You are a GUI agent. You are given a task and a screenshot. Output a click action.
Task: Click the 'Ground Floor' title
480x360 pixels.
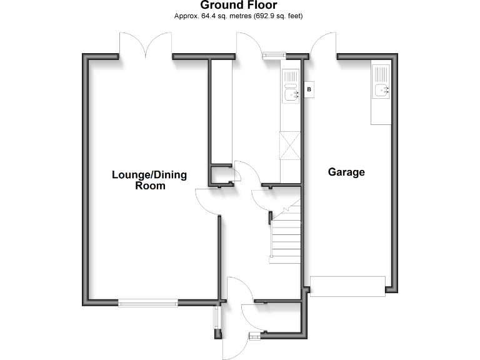(239, 6)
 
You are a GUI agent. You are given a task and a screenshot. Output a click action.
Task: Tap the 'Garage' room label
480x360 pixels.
(346, 172)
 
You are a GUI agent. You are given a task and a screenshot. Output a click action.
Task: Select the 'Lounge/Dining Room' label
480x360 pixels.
(149, 180)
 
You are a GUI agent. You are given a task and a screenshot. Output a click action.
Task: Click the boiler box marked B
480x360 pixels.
(309, 91)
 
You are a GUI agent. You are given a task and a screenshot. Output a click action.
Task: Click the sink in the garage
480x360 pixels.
(382, 91)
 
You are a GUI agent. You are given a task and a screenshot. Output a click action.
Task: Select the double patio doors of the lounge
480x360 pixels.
(145, 45)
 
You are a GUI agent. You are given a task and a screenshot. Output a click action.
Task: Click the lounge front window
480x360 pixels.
(147, 304)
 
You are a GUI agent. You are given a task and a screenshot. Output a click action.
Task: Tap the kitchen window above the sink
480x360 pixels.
(273, 56)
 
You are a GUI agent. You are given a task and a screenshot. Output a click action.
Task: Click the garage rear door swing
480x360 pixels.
(322, 45)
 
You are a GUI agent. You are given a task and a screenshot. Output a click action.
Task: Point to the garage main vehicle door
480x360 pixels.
(347, 286)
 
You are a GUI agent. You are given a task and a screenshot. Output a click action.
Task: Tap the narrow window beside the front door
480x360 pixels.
(217, 317)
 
